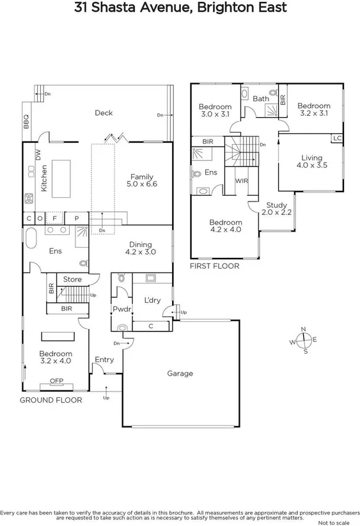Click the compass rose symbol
pos(304,340)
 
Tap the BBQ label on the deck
pos(26,122)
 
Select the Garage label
pos(180,373)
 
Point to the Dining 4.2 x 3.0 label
pos(141,248)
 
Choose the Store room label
pos(72,279)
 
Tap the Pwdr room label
pos(121,309)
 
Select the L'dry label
pos(152,300)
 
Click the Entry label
pos(104,360)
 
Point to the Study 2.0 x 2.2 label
pos(278,208)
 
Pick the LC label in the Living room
pos(336,138)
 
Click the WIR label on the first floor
pos(242,181)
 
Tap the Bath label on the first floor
pos(261,99)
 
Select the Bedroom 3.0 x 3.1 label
pos(214,110)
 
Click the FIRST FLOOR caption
pos(214,266)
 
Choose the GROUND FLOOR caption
pos(51,400)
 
